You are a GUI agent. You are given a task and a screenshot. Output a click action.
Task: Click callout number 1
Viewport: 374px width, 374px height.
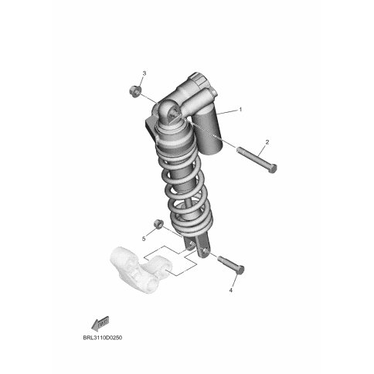click(240, 110)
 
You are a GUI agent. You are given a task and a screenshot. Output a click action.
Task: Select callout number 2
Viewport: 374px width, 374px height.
click(267, 141)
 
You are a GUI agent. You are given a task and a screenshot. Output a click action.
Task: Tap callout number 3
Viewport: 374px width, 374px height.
click(144, 73)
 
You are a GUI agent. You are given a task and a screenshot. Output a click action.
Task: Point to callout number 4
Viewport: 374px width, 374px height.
click(231, 291)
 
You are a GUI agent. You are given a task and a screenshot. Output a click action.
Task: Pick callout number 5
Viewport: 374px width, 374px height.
click(144, 239)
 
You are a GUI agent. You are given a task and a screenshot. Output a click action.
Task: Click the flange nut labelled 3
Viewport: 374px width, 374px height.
click(135, 91)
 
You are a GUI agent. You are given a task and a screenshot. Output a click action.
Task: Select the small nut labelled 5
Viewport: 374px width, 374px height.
click(158, 224)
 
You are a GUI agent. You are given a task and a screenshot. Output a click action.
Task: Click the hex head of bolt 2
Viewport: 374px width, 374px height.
click(272, 168)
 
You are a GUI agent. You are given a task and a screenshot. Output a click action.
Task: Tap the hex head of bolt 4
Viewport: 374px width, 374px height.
click(240, 270)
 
